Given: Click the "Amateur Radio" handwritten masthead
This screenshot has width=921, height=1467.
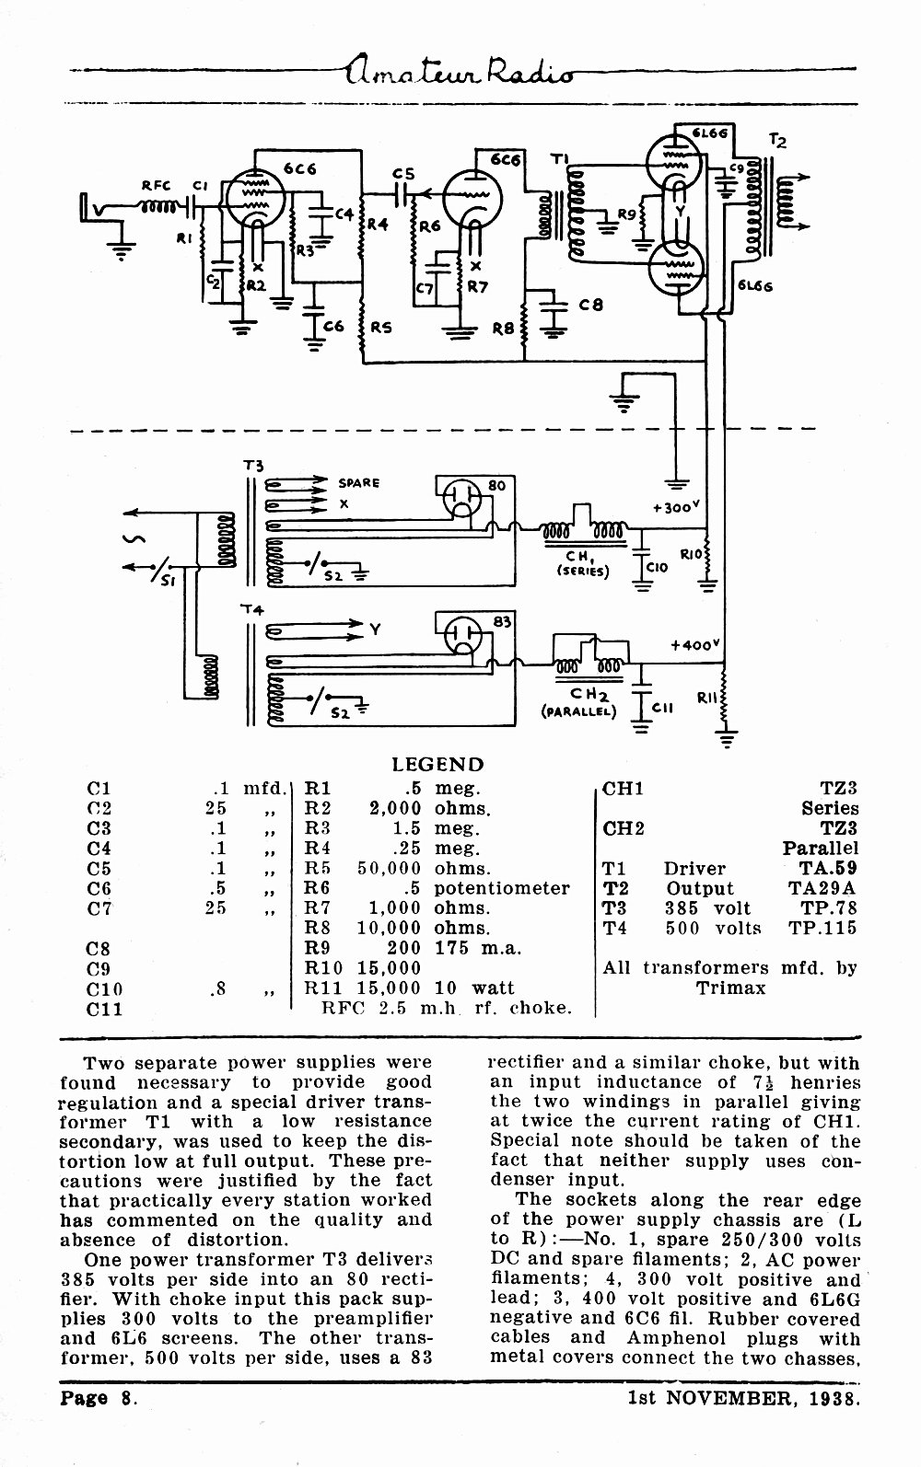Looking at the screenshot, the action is pyautogui.click(x=460, y=69).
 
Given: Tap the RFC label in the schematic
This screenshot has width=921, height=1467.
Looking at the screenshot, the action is pyautogui.click(x=156, y=186).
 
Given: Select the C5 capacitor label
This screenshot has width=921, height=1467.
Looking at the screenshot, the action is pyautogui.click(x=403, y=174).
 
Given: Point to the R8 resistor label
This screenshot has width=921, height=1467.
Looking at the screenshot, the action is pyautogui.click(x=504, y=329).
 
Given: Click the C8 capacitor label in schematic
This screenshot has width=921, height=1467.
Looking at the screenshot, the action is pyautogui.click(x=590, y=305).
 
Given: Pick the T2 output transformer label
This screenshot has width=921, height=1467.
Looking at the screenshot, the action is pyautogui.click(x=776, y=140).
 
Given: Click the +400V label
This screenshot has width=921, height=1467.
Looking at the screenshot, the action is pyautogui.click(x=694, y=645).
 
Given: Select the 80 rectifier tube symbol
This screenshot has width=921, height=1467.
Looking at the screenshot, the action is pyautogui.click(x=462, y=497).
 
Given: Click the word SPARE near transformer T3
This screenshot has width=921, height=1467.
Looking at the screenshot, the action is pyautogui.click(x=358, y=483).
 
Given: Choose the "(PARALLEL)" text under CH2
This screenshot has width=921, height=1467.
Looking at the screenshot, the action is pyautogui.click(x=578, y=711).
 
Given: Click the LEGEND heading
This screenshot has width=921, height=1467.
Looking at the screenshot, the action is pyautogui.click(x=437, y=764).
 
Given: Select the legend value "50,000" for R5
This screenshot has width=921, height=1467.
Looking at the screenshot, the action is pyautogui.click(x=389, y=869).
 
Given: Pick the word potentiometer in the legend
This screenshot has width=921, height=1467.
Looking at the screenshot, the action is pyautogui.click(x=502, y=889).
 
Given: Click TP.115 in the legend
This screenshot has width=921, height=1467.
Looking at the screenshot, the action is pyautogui.click(x=822, y=928).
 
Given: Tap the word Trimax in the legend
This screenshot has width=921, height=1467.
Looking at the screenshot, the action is pyautogui.click(x=731, y=988).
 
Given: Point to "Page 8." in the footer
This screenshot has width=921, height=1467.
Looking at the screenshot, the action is pyautogui.click(x=99, y=1399).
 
